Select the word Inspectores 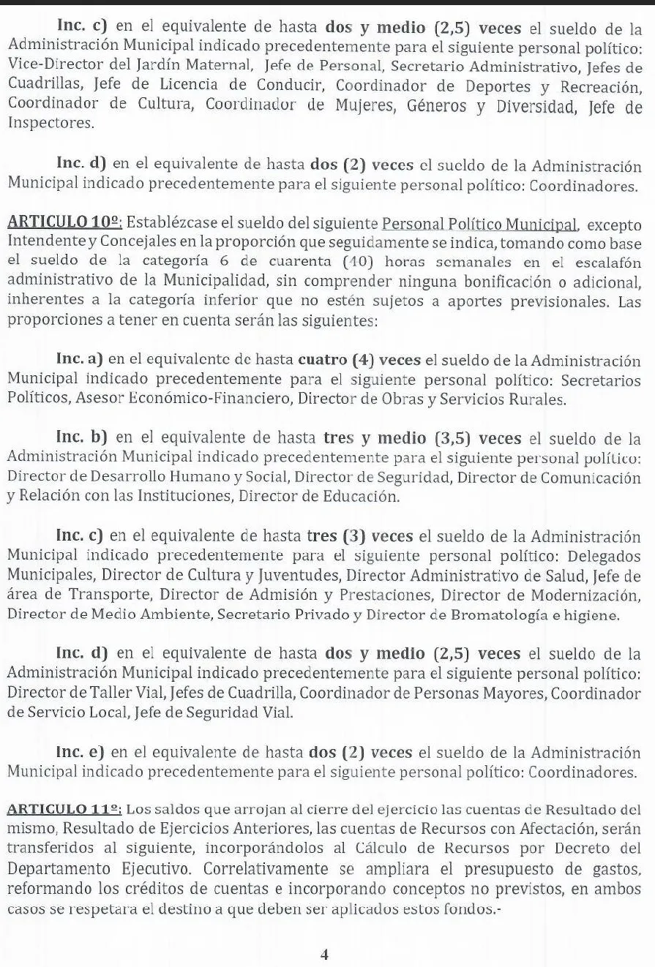[51, 123]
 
